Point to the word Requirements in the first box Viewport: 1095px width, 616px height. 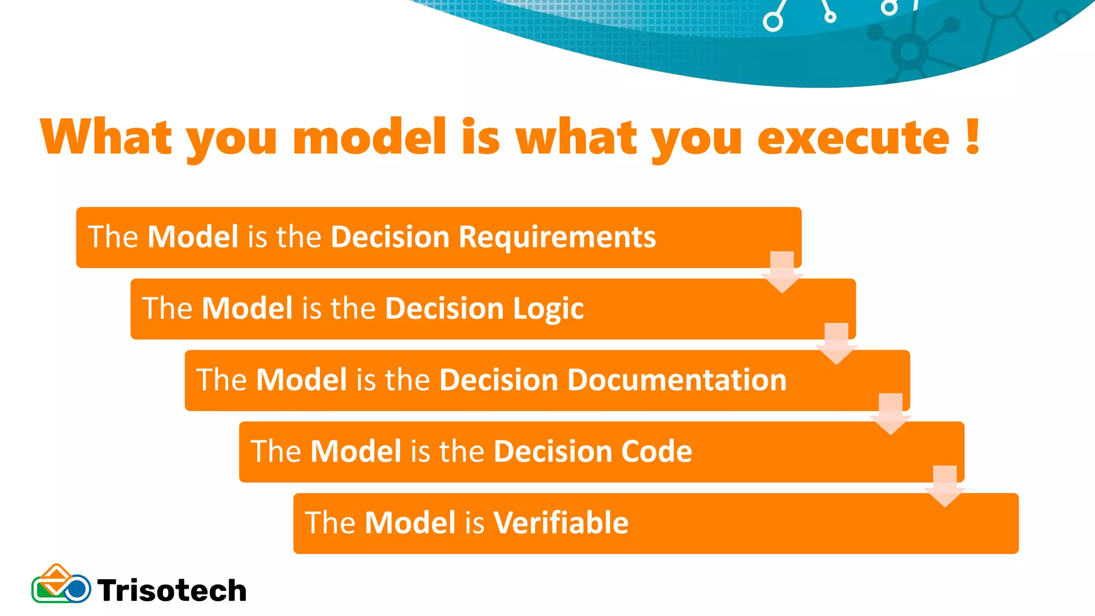pos(557,237)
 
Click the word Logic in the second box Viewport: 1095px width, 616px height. pos(548,309)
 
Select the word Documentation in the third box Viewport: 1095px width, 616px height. pos(676,380)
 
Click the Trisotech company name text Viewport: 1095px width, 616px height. pos(172,591)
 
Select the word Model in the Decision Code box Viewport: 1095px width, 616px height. pos(356,451)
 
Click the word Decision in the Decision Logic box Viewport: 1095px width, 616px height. pos(444,309)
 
